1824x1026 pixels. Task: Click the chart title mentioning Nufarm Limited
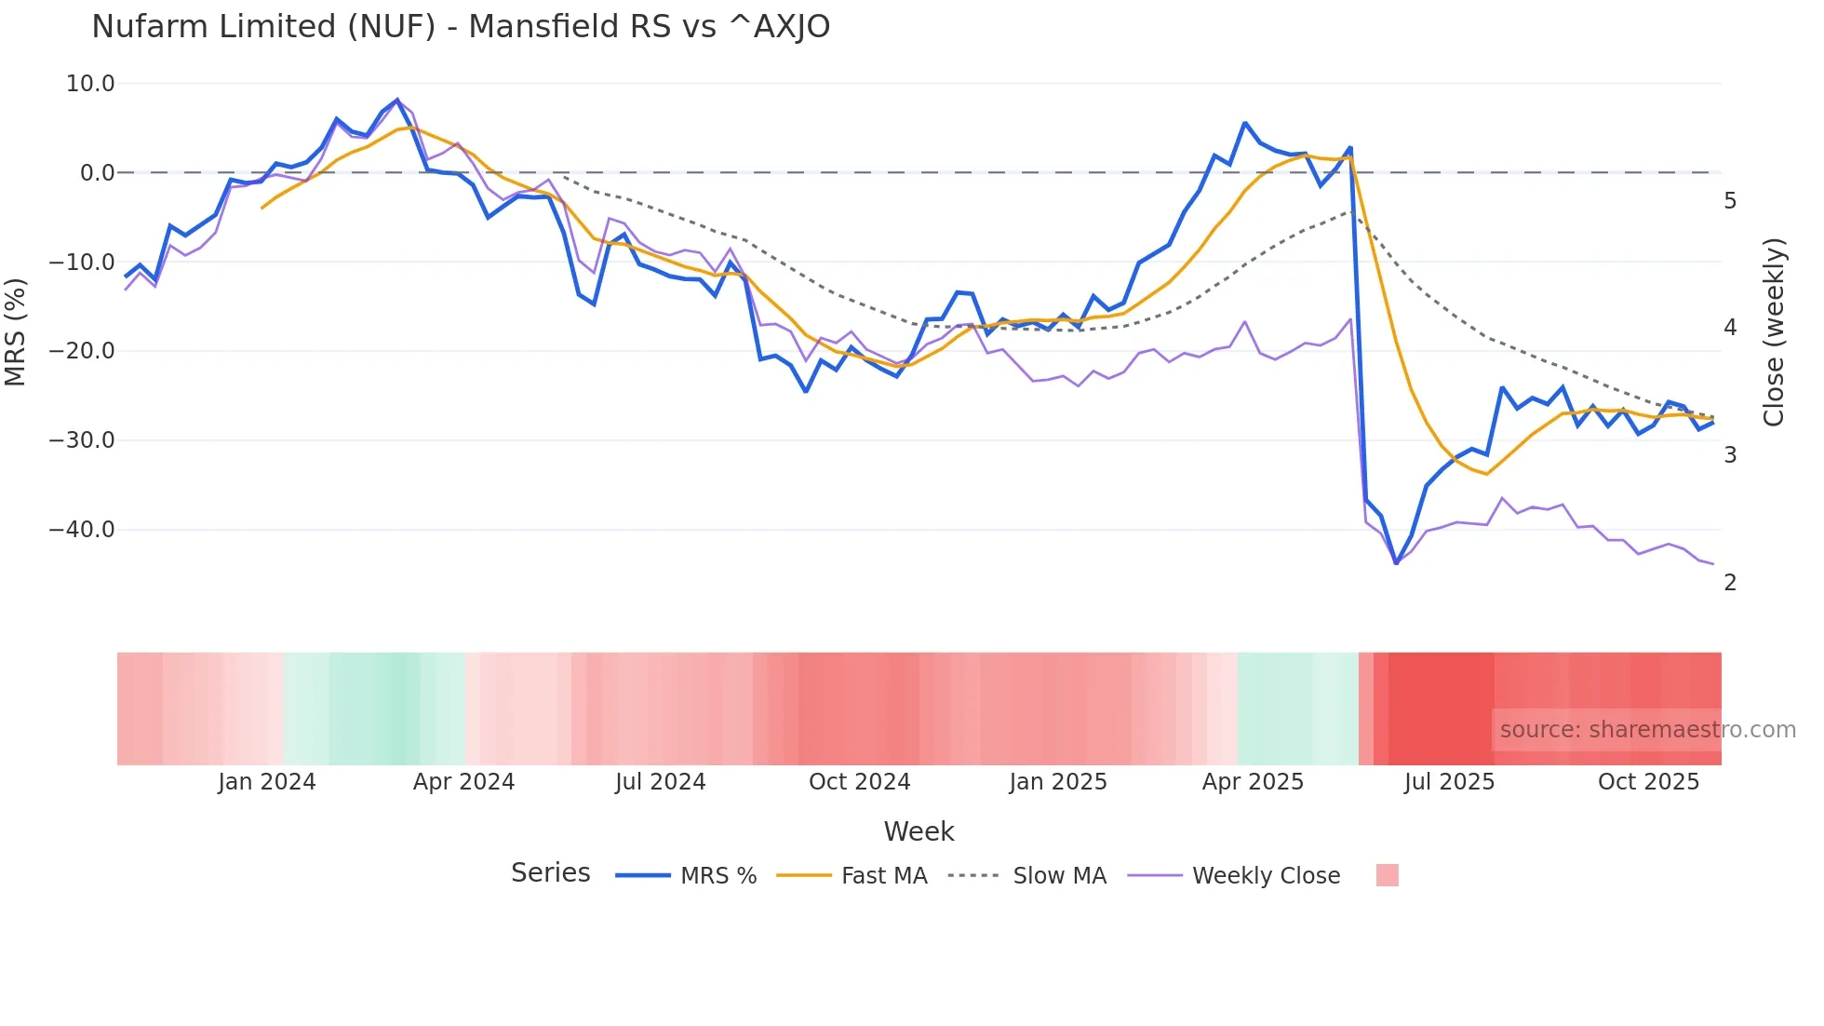click(x=461, y=27)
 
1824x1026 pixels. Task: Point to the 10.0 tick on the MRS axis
click(x=90, y=84)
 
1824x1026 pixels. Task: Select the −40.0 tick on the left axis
click(x=82, y=530)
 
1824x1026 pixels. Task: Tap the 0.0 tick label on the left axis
click(x=97, y=173)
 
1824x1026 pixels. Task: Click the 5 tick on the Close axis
click(x=1730, y=201)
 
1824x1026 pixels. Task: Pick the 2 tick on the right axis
click(x=1730, y=583)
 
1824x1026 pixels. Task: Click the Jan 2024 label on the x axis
click(x=267, y=782)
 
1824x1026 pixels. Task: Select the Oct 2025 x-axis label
click(x=1648, y=782)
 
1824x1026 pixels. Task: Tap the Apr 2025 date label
click(x=1253, y=782)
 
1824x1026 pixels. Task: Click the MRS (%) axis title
click(x=16, y=331)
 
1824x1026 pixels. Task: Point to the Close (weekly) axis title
click(x=1774, y=332)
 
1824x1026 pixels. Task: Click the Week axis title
click(x=919, y=831)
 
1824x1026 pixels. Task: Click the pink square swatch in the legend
click(x=1387, y=875)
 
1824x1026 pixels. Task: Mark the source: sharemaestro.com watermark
click(x=1647, y=730)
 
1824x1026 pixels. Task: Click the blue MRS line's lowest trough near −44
click(x=1396, y=563)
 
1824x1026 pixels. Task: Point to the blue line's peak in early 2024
click(x=397, y=100)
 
